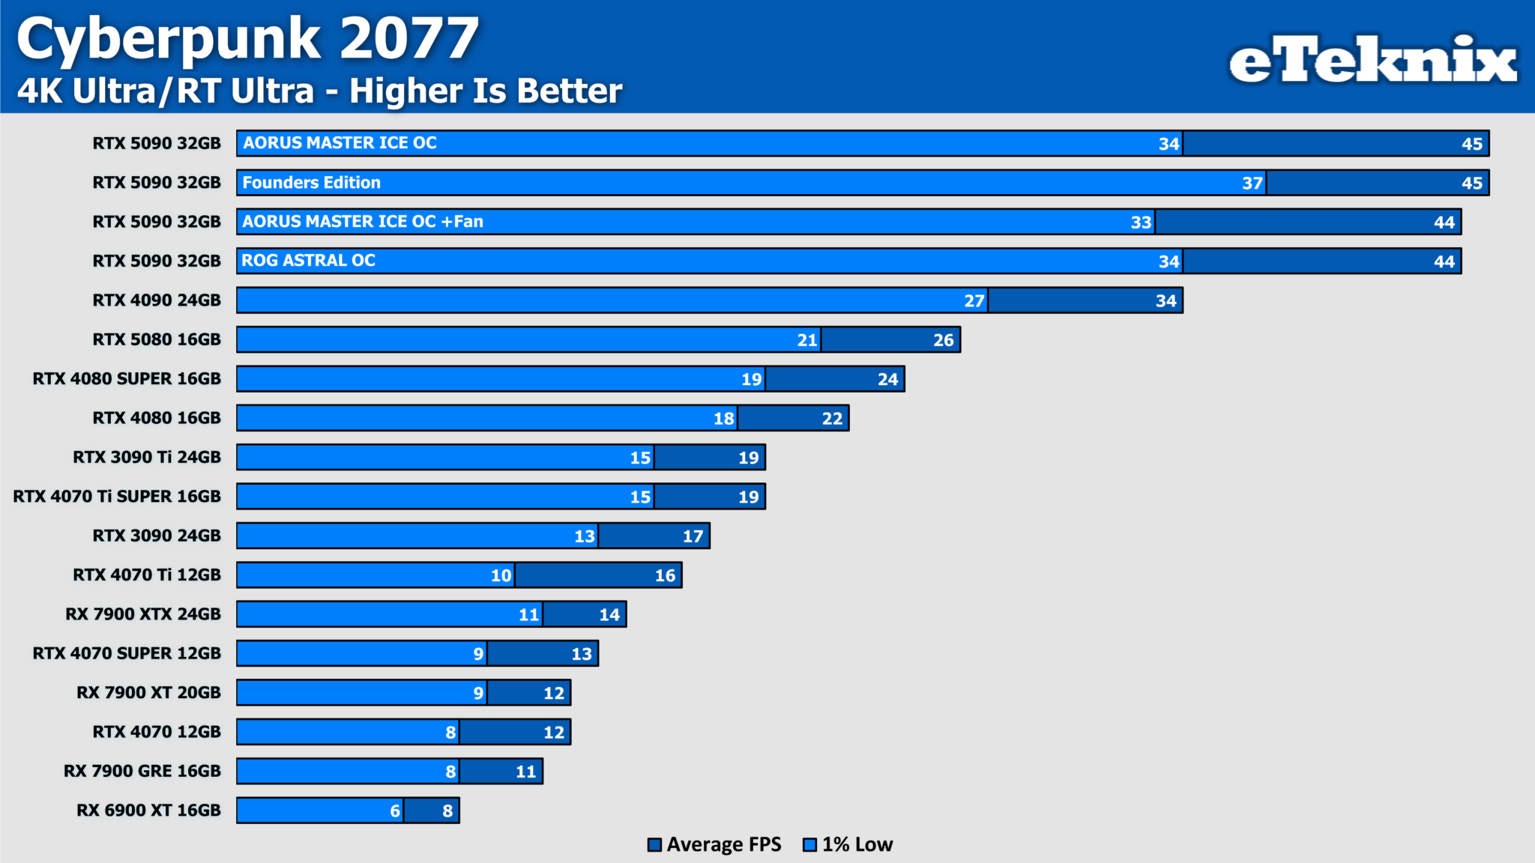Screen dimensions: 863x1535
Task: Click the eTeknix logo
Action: tap(1372, 60)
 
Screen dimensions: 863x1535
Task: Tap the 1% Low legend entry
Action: tap(848, 844)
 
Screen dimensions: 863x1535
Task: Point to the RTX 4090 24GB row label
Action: tap(157, 300)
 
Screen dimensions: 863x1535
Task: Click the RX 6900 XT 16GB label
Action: tap(148, 810)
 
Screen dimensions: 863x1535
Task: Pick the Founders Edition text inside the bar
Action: tap(311, 183)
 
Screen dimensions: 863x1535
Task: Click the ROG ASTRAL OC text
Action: tap(308, 261)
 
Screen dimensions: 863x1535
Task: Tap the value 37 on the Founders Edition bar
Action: tap(1252, 184)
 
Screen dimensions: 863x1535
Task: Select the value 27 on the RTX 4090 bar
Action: tap(974, 301)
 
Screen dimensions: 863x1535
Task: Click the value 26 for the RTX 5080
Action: tap(943, 340)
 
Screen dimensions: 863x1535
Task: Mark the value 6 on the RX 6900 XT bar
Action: tap(395, 811)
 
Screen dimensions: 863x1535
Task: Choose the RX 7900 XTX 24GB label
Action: tap(143, 614)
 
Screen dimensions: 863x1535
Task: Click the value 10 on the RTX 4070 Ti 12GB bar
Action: tap(501, 575)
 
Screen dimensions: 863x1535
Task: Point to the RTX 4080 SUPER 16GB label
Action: tap(127, 379)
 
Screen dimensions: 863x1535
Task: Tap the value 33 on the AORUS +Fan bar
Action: tap(1141, 222)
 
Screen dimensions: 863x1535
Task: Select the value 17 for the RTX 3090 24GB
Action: tap(693, 536)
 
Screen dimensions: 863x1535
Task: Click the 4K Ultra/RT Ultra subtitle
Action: tap(319, 91)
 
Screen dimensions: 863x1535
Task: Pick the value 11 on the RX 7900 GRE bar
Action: tap(525, 772)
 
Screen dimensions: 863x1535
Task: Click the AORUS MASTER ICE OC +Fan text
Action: tap(363, 222)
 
